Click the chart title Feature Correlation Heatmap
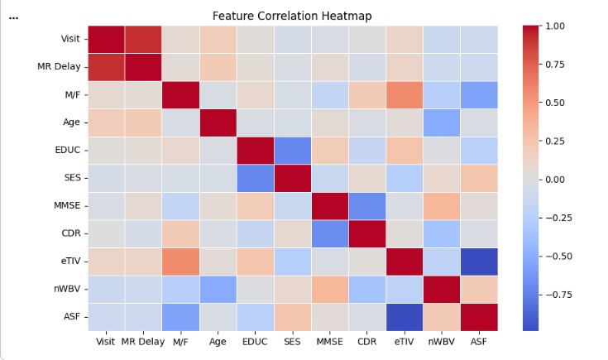(x=293, y=16)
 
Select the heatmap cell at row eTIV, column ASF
(x=479, y=261)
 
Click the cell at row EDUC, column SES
(x=293, y=151)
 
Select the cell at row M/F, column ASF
(x=479, y=95)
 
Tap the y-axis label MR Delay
(x=60, y=67)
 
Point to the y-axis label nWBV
(x=67, y=289)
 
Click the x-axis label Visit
(x=107, y=340)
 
